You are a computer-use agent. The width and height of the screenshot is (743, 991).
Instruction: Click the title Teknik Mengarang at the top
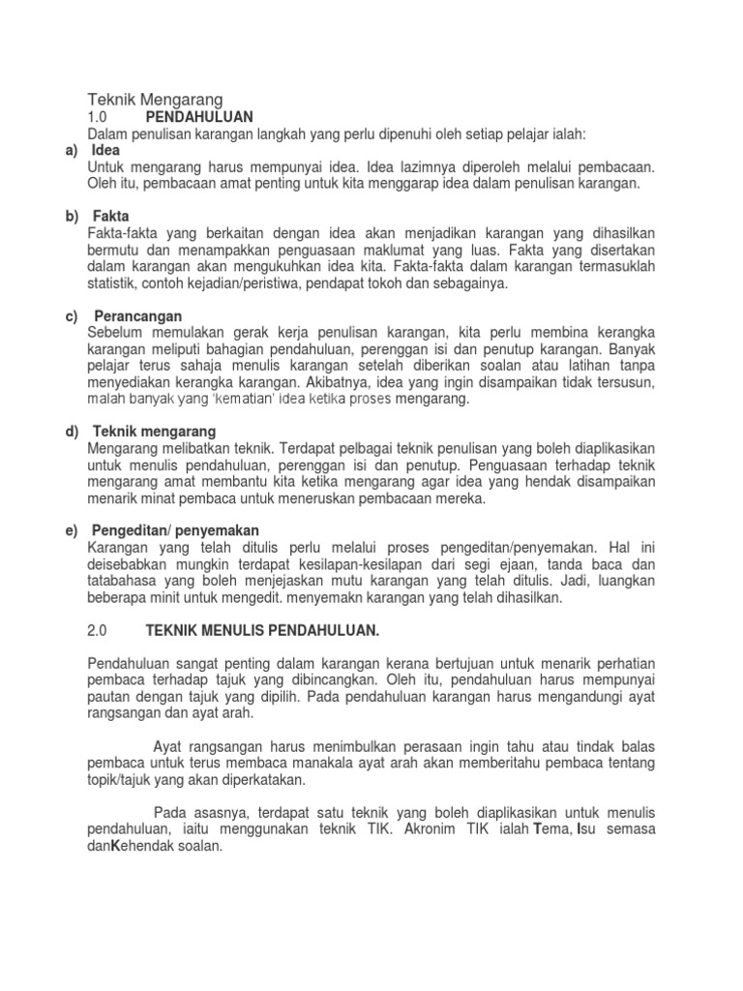156,99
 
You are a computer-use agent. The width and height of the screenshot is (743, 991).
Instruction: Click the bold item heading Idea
106,151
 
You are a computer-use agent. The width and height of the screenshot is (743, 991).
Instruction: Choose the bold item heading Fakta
110,216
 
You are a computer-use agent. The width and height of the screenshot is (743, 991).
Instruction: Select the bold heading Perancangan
137,315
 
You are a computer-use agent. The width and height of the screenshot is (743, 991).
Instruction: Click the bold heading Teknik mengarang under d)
155,431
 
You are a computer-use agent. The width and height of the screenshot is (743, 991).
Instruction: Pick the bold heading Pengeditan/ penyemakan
177,530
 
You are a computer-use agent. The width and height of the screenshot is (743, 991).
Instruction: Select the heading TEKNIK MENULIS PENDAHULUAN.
262,630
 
